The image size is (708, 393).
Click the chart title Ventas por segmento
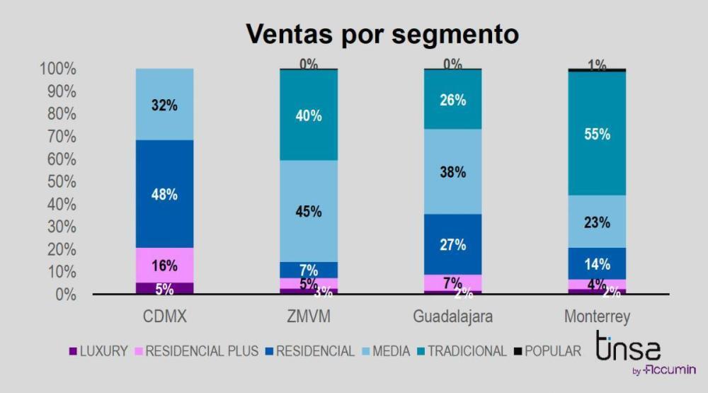(x=382, y=34)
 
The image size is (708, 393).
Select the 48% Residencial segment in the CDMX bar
(x=164, y=193)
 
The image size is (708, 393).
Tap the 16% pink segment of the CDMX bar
(x=164, y=266)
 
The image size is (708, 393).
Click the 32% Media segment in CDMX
(x=164, y=105)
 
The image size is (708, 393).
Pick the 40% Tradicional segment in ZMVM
(x=309, y=115)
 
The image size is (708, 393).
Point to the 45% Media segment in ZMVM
(x=309, y=211)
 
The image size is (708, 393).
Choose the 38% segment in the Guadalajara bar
(x=452, y=171)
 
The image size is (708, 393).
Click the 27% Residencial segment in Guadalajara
(x=452, y=244)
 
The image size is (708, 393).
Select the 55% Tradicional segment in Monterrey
(x=597, y=133)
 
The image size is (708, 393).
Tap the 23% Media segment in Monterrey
(x=597, y=222)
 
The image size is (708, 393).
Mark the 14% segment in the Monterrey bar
(x=597, y=263)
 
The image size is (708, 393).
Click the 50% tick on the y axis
(x=57, y=182)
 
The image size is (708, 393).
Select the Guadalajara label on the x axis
(x=452, y=317)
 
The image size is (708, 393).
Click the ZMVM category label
(x=309, y=317)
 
